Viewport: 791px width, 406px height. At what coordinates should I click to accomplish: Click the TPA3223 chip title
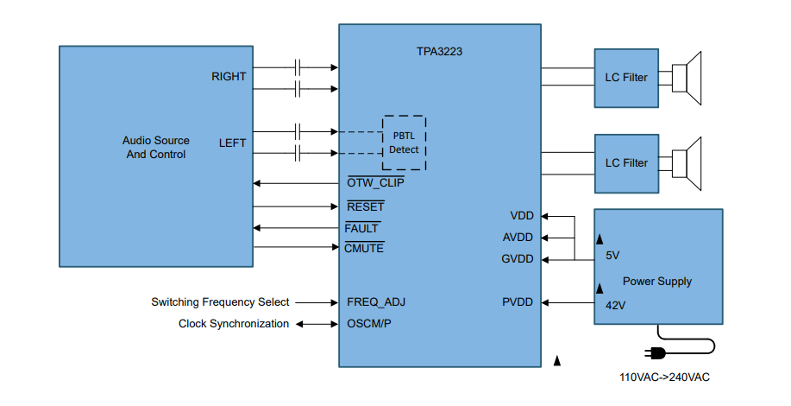pos(440,52)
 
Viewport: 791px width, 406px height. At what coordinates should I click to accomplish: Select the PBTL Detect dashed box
pos(404,143)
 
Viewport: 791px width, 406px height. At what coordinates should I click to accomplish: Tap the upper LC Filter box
pos(625,78)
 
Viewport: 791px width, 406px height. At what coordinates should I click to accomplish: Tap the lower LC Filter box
pos(625,162)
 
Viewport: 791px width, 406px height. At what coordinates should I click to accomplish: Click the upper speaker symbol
pos(687,78)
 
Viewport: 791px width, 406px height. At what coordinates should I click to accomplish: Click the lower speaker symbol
pos(687,162)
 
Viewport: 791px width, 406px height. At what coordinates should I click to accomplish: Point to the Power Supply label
pos(657,282)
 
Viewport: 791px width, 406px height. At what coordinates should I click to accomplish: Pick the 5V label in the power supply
pos(612,256)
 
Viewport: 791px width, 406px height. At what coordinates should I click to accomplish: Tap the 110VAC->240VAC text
pos(664,377)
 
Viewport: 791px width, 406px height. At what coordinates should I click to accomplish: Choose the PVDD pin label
pos(518,302)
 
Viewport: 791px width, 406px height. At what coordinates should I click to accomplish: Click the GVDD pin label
pos(518,259)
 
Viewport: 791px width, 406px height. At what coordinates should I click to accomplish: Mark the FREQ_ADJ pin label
pos(376,302)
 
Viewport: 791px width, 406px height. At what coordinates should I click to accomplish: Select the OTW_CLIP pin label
pos(375,183)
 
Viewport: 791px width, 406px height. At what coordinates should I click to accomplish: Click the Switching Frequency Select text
pos(220,302)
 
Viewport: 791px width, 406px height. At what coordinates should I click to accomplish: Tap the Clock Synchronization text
pos(234,324)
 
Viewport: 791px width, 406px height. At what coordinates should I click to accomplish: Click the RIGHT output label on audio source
pos(229,77)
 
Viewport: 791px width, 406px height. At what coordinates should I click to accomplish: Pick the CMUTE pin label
pos(364,248)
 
